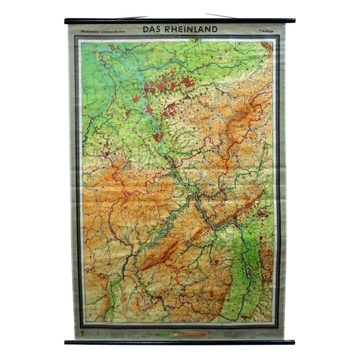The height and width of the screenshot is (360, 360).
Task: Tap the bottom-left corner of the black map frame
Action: [77, 326]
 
